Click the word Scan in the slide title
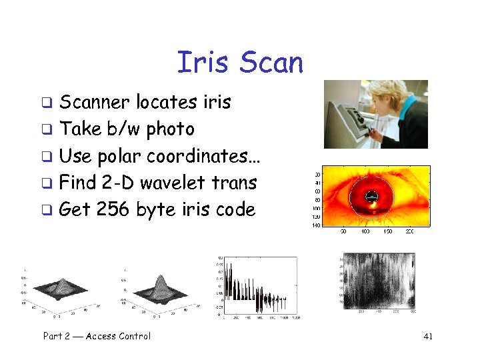coord(271,63)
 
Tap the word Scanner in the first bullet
coord(95,102)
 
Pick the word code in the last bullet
coord(235,209)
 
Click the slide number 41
coord(428,337)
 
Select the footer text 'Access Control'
coord(118,336)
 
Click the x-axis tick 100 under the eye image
coord(365,231)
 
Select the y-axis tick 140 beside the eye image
coord(317,225)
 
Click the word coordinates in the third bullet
coord(203,156)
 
